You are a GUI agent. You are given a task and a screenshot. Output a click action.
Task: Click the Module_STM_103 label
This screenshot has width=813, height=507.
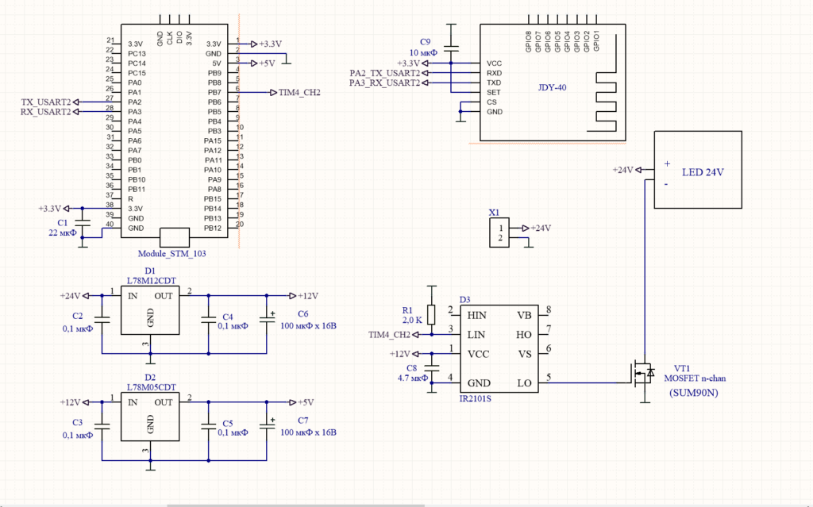(171, 254)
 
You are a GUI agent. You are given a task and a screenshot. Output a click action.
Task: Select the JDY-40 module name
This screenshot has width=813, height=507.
(553, 87)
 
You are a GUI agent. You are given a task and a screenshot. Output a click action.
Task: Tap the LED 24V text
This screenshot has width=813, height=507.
(703, 172)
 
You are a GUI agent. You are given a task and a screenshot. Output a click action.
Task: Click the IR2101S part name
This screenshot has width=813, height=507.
(475, 398)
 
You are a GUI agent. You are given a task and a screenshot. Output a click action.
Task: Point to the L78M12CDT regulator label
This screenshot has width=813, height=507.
(152, 281)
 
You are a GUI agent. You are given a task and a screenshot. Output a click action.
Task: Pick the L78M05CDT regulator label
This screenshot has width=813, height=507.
(152, 387)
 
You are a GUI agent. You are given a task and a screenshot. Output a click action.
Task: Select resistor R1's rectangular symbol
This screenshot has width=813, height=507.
(431, 315)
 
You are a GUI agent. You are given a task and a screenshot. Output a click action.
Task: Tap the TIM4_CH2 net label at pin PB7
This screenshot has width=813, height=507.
(299, 93)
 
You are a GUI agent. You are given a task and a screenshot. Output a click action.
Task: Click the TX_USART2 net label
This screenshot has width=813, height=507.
(45, 102)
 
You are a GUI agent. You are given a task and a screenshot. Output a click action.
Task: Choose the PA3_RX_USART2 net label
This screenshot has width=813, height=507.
(384, 83)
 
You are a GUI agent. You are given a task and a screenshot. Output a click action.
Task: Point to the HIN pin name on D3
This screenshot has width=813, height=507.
(477, 316)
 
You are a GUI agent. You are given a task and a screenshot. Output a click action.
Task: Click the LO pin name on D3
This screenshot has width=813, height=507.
(524, 383)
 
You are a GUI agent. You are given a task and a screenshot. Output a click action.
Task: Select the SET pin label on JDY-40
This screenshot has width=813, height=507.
(494, 92)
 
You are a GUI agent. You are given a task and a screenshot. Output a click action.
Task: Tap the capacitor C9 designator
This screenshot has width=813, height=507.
(426, 42)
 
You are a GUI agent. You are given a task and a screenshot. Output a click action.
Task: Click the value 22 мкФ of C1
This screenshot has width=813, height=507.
(62, 232)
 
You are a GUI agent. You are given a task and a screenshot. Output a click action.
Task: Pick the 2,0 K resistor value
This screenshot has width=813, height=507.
(412, 321)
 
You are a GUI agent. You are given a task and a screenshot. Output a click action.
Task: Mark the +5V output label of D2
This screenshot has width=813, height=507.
(306, 402)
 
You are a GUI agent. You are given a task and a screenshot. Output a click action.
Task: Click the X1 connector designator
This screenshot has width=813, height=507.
(494, 213)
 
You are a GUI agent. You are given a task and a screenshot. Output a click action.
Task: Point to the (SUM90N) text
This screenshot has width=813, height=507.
(694, 393)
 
